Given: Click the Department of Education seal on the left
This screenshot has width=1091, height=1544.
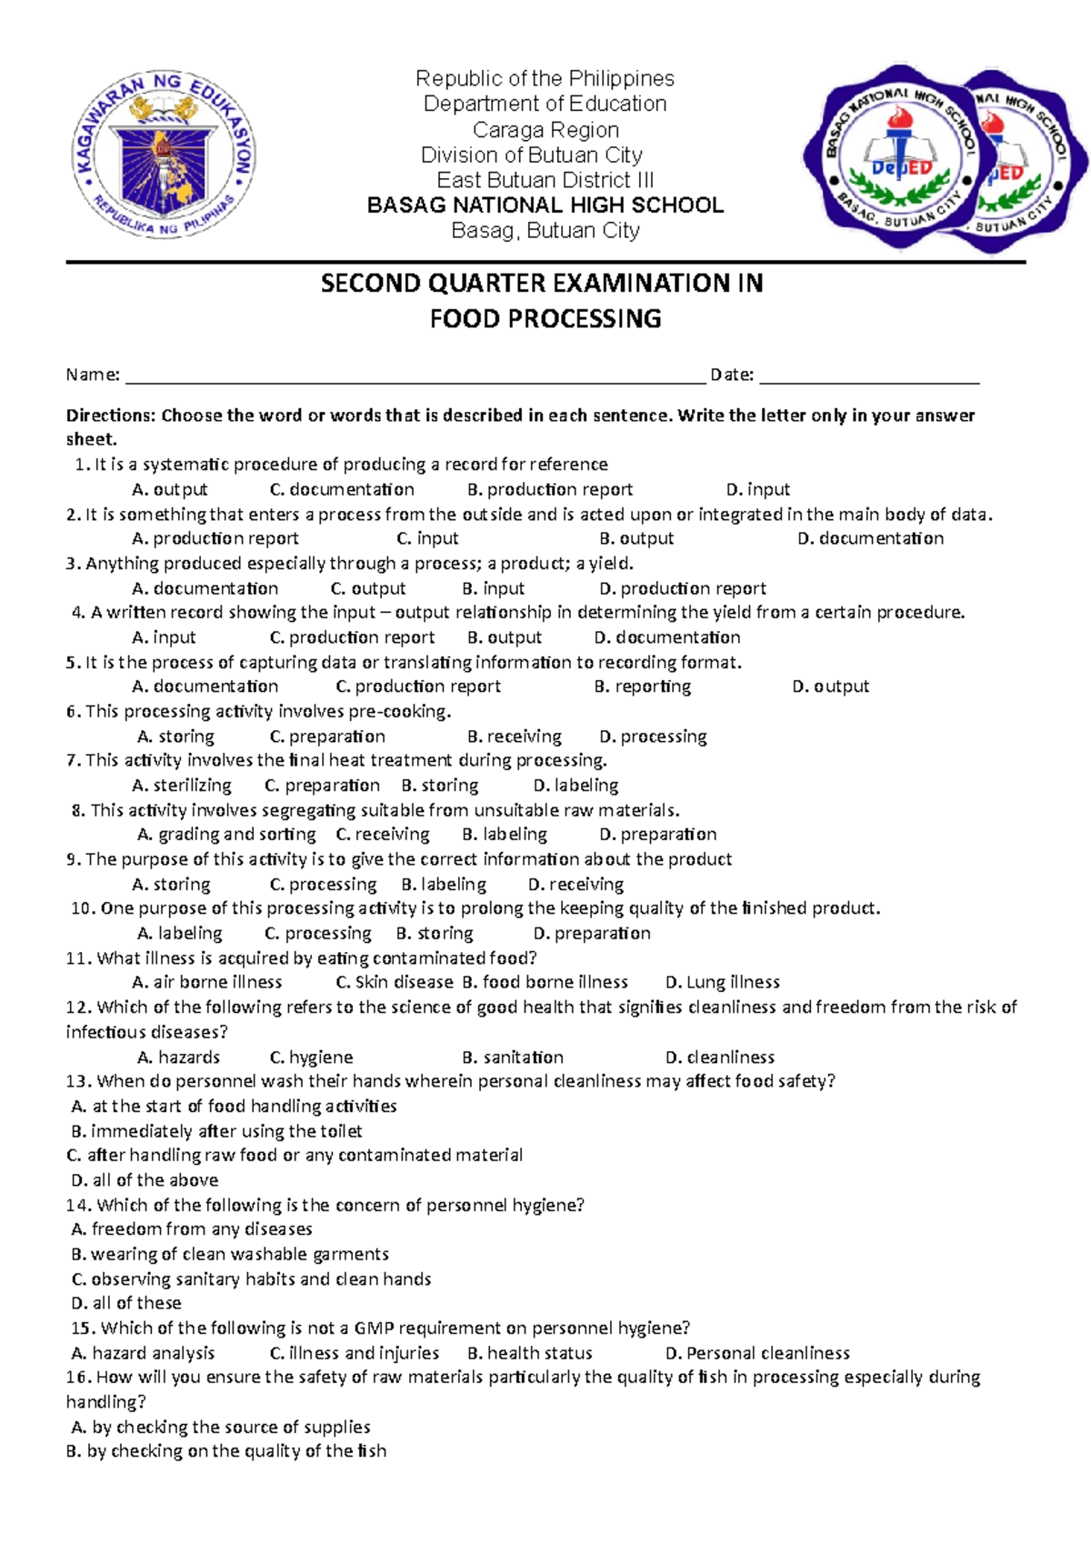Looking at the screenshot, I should [x=164, y=155].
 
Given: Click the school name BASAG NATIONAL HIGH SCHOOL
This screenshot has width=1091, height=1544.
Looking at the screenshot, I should [x=545, y=206].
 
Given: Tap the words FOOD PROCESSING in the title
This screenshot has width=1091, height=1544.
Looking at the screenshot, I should [x=545, y=319].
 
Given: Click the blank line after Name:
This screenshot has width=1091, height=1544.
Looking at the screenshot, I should [x=415, y=376].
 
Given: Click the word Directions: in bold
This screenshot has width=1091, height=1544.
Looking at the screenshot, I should [x=111, y=416].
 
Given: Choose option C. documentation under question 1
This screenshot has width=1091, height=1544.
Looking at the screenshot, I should [x=342, y=489].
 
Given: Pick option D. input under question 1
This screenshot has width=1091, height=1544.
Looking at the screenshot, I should [x=758, y=489].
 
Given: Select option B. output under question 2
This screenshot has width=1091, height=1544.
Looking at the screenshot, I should [x=636, y=538].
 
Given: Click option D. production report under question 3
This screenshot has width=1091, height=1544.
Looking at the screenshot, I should [x=683, y=588].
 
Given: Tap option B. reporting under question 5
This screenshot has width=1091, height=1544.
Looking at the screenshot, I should [x=642, y=687].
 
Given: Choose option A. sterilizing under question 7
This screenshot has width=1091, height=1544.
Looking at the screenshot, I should [x=182, y=785].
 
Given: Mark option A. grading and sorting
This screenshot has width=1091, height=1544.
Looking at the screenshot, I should [x=226, y=834].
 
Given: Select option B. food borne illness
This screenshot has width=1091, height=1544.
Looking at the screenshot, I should [x=545, y=982].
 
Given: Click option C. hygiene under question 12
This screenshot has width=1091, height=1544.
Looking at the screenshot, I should [x=311, y=1058].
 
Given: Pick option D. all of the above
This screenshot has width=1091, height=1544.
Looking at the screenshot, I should [x=145, y=1180].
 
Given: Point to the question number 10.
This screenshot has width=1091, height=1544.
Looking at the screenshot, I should [x=83, y=908].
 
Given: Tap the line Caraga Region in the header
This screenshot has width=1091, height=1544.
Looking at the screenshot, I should [x=545, y=130].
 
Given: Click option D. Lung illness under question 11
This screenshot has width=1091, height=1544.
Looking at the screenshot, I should [x=723, y=982].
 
